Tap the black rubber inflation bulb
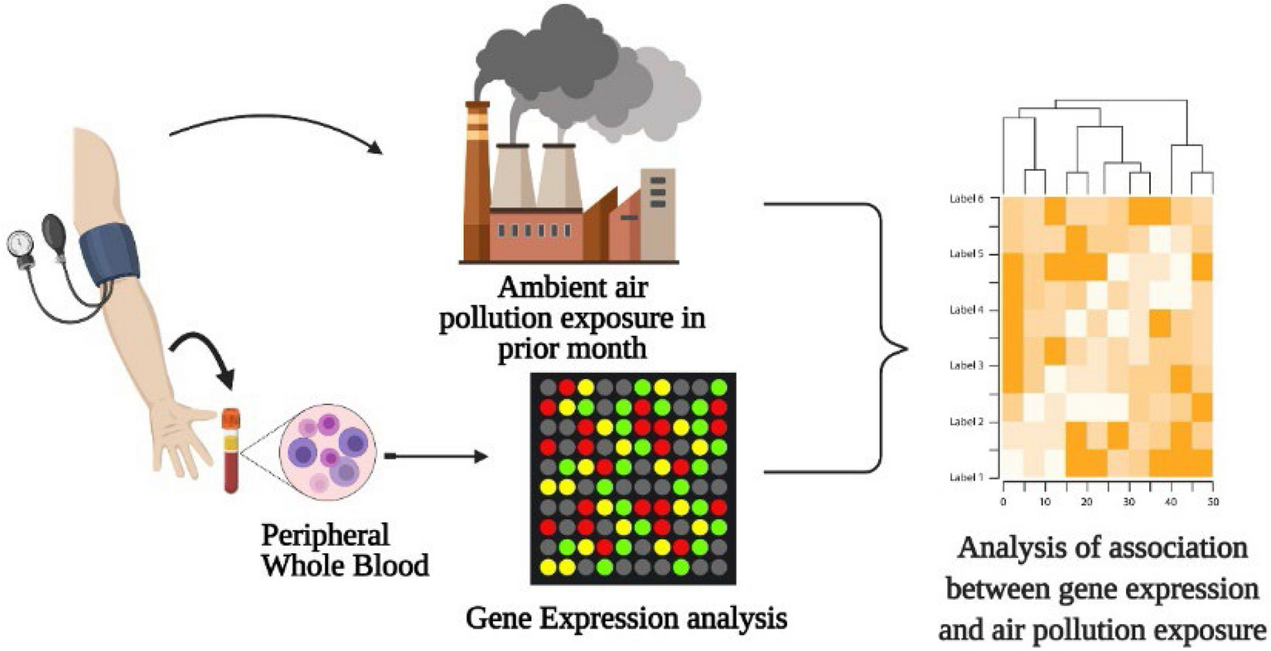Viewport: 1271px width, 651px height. (x=55, y=229)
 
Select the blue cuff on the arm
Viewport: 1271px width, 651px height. (x=110, y=252)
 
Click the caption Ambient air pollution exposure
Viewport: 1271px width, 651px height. (x=572, y=318)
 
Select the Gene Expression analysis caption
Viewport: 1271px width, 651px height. (x=626, y=618)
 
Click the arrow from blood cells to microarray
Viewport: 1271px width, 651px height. (x=435, y=456)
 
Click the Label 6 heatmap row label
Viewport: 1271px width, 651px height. (x=966, y=199)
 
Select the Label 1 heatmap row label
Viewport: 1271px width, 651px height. (x=966, y=478)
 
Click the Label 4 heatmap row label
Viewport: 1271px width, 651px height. (x=966, y=310)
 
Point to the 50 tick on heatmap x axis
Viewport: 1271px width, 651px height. (x=1213, y=503)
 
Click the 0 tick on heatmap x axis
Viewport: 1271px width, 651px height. (x=1003, y=503)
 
